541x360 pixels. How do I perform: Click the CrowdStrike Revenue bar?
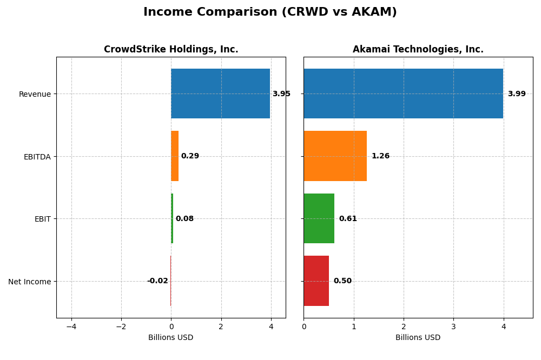tap(220, 94)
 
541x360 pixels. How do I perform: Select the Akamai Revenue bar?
tap(403, 94)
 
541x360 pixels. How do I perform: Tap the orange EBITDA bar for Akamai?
tap(335, 156)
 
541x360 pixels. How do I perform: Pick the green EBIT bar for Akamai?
tap(319, 218)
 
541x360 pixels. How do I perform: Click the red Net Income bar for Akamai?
tap(316, 281)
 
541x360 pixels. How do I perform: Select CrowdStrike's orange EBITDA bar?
tap(175, 156)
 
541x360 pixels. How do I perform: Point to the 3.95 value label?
tap(281, 94)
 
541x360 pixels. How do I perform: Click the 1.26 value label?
tap(380, 156)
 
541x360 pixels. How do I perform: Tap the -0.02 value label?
tap(157, 281)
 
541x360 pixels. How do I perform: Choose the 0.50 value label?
tap(342, 281)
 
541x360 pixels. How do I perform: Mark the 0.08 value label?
tap(184, 219)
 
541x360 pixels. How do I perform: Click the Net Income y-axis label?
tap(29, 282)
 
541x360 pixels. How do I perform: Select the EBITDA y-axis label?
tap(37, 157)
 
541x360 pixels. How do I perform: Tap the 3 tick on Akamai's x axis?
tap(453, 326)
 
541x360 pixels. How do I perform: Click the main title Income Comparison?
tap(270, 12)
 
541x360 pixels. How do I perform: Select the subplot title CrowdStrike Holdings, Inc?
tap(171, 50)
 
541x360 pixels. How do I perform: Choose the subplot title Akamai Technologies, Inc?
tap(418, 50)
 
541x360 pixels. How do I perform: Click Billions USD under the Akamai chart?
tap(418, 338)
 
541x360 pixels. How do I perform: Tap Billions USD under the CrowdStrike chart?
tap(171, 338)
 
